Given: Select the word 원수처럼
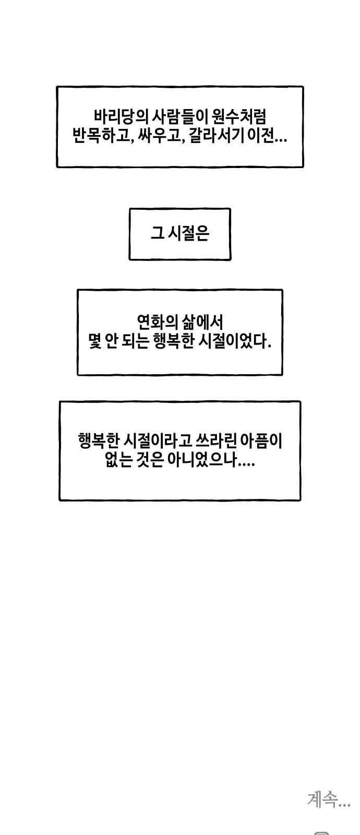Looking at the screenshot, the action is pos(238,117).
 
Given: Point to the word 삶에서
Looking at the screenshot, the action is pos(203,321).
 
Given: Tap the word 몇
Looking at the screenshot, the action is pos(95,341).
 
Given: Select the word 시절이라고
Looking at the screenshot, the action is pos(157,441).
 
